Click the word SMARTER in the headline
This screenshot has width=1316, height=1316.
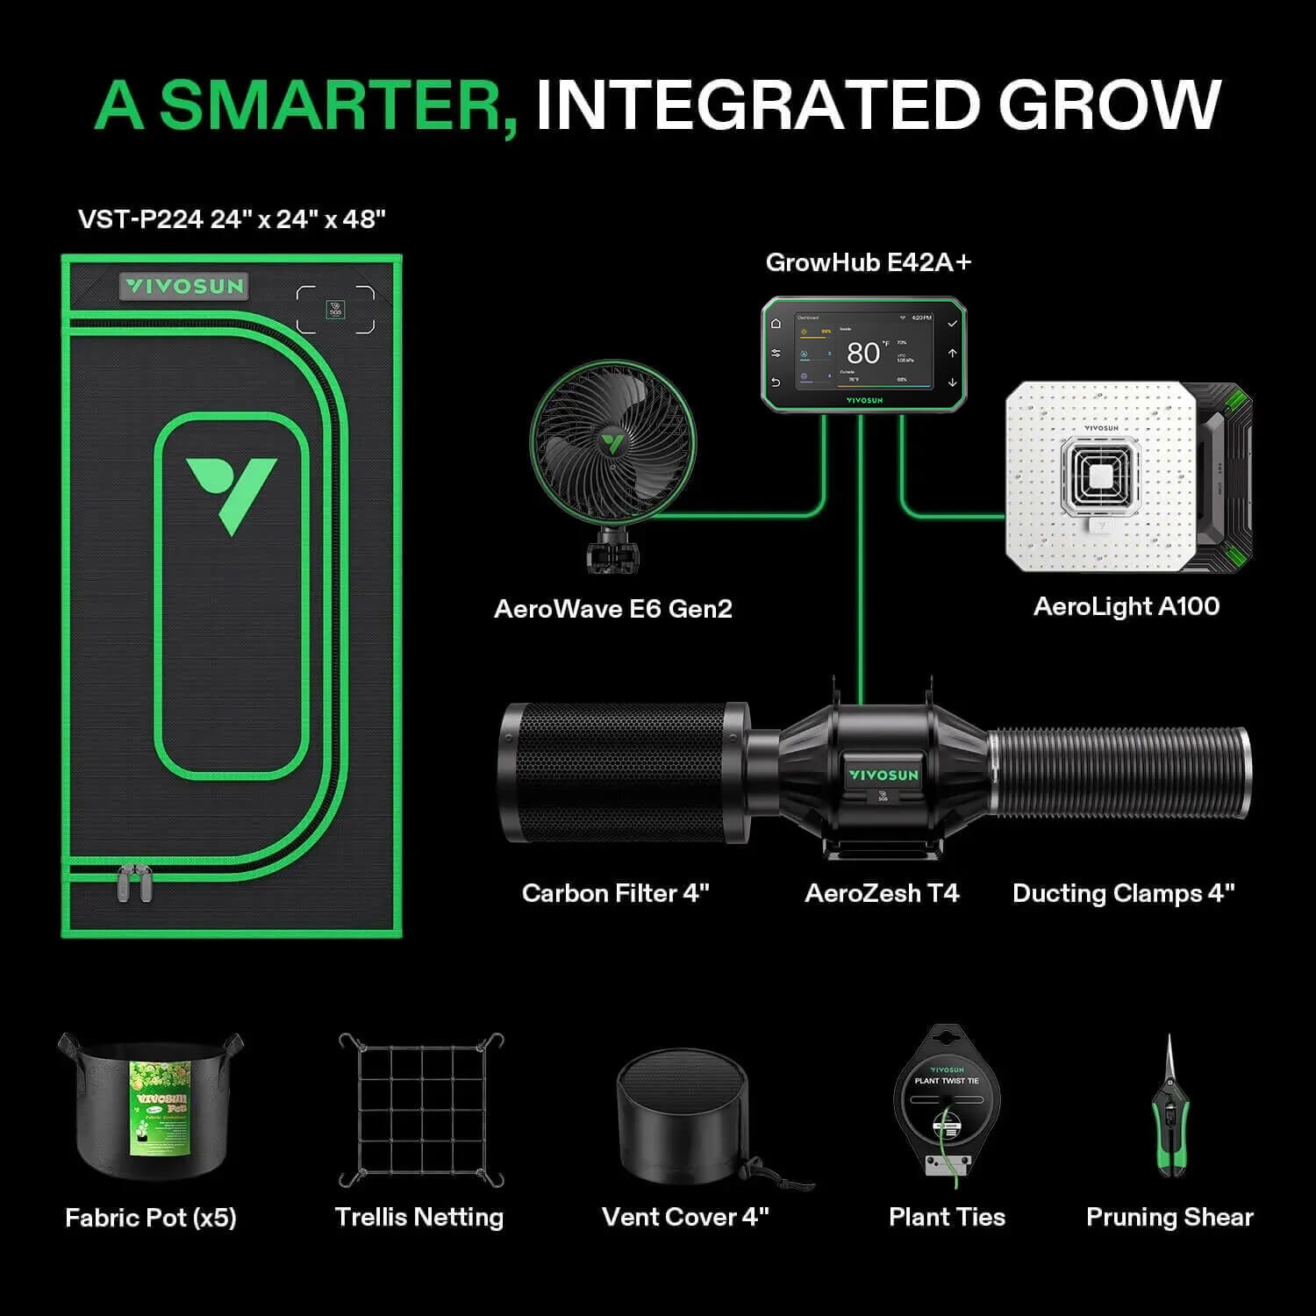coord(338,105)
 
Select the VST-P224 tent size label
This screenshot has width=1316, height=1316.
coord(232,218)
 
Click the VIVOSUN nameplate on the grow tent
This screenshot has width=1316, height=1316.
coord(183,286)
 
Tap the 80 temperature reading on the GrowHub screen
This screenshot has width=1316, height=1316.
coord(862,353)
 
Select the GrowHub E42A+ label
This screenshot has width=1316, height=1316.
coord(869,262)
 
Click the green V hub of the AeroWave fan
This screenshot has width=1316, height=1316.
coord(612,440)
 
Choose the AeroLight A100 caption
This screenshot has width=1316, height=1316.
coord(1126,606)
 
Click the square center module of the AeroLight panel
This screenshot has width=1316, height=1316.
coord(1102,475)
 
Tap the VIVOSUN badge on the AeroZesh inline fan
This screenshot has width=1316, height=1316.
coord(883,776)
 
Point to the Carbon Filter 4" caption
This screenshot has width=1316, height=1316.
coord(615,893)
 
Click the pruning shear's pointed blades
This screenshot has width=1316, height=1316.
coord(1169,1067)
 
